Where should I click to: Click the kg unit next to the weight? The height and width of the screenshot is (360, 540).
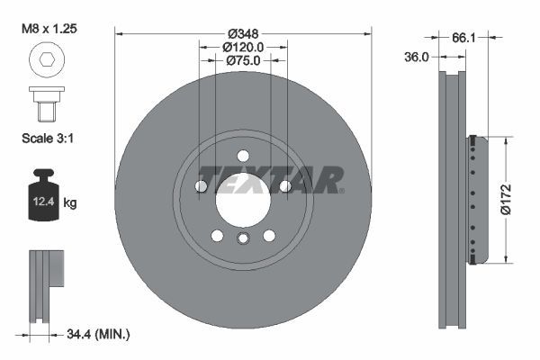coord(70,203)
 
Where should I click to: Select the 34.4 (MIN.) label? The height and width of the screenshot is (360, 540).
coord(99,334)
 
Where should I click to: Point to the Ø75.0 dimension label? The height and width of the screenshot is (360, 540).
coord(242,60)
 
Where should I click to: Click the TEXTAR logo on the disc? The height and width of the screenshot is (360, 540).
coord(270,179)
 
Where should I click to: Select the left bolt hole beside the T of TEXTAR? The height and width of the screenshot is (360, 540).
coord(201,186)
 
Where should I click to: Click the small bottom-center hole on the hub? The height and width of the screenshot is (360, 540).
coord(243,238)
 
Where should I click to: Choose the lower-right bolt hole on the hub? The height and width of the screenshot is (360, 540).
coord(268,235)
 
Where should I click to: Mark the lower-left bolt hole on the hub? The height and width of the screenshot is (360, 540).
coord(217,235)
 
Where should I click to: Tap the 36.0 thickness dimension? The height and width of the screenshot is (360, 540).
coord(417,56)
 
